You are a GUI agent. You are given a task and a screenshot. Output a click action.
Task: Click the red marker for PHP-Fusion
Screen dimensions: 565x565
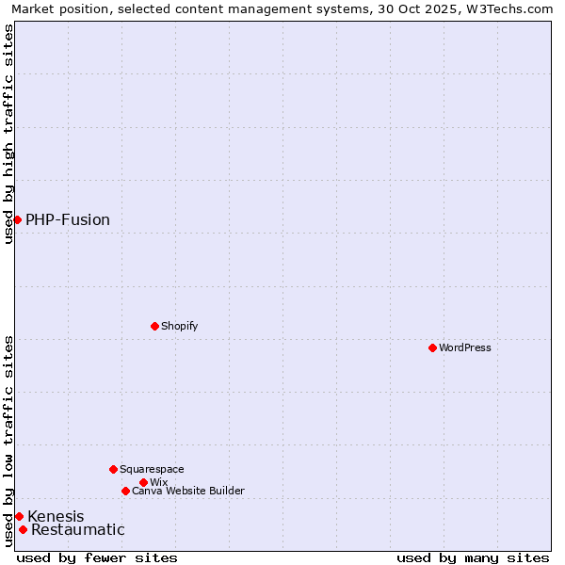click(x=17, y=219)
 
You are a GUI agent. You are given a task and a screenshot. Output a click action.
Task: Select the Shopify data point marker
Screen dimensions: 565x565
click(x=154, y=326)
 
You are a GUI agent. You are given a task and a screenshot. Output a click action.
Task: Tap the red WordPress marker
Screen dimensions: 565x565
click(x=432, y=347)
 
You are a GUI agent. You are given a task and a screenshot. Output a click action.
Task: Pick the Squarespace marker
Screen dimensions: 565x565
click(x=113, y=469)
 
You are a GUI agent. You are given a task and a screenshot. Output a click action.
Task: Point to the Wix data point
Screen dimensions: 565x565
click(x=143, y=482)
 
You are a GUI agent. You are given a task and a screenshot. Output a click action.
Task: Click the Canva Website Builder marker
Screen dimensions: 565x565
click(x=125, y=491)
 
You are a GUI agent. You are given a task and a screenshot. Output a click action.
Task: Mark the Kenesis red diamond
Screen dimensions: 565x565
click(x=19, y=516)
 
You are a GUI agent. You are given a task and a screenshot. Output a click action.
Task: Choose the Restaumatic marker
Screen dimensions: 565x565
click(x=23, y=529)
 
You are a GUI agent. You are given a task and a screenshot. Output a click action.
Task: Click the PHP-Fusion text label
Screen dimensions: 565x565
click(x=68, y=220)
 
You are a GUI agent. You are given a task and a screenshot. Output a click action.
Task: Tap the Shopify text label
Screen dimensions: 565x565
click(x=179, y=326)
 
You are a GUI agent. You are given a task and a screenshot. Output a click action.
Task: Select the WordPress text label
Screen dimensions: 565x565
click(x=465, y=347)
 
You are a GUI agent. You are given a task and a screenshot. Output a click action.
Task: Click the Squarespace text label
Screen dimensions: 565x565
click(x=152, y=469)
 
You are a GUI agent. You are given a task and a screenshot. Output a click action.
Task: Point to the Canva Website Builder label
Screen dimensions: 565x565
click(x=188, y=491)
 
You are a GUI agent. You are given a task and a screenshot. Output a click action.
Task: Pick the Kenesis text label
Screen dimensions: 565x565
click(x=56, y=516)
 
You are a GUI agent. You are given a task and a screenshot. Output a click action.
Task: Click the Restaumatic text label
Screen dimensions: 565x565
click(x=78, y=530)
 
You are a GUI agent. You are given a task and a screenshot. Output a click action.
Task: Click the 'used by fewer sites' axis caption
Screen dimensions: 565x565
click(x=97, y=557)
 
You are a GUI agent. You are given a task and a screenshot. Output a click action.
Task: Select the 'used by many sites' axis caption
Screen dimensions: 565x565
click(x=473, y=557)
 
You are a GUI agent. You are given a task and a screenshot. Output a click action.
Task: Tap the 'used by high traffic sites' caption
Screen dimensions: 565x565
click(x=8, y=134)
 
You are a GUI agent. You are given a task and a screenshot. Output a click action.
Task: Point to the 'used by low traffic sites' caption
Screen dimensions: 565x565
click(x=8, y=441)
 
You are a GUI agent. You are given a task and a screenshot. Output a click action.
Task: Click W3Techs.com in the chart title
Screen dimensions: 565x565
click(x=511, y=8)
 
